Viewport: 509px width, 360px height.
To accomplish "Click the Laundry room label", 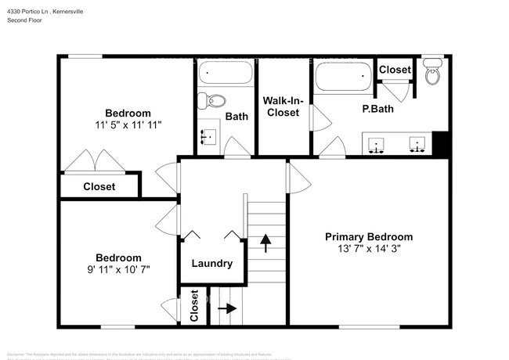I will [211, 264].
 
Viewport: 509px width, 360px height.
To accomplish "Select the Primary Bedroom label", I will [369, 236].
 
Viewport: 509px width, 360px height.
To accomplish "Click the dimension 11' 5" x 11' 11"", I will [128, 124].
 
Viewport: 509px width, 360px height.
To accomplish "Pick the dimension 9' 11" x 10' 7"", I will [118, 268].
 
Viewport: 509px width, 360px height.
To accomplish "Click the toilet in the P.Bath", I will [431, 74].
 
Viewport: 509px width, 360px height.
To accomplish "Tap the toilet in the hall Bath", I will [211, 100].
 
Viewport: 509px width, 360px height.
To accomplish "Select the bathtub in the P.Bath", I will [341, 77].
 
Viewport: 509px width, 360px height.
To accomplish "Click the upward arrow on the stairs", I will [266, 241].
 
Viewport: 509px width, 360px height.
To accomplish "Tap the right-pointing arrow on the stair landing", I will [228, 308].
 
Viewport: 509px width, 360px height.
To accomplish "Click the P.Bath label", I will [377, 109].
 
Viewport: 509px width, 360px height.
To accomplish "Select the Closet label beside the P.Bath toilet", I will [395, 70].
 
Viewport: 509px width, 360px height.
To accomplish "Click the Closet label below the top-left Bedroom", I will [99, 186].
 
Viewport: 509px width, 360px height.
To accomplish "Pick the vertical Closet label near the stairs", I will [194, 307].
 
